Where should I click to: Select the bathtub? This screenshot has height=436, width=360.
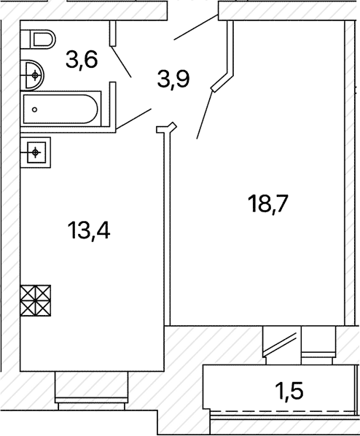[60, 109]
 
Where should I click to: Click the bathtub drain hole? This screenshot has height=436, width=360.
[34, 109]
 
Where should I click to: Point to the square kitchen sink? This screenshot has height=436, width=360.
[36, 152]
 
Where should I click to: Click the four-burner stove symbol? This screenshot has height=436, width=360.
[36, 300]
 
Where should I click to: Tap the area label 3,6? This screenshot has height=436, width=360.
[82, 61]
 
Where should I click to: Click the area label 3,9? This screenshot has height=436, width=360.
[173, 79]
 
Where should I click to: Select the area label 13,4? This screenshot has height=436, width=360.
[89, 230]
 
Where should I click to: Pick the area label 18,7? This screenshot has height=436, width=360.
[268, 203]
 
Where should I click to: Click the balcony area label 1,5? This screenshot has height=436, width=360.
[289, 390]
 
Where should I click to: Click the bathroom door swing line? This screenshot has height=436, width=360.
[121, 61]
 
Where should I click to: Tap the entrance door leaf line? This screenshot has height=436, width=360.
[196, 27]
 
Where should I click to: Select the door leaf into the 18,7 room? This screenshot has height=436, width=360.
[205, 115]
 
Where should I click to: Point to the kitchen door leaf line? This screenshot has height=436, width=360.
[133, 119]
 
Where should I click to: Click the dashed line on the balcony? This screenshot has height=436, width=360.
[283, 411]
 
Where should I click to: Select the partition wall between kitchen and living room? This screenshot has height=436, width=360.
[167, 228]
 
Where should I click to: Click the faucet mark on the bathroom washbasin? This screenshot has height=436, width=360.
[35, 75]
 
